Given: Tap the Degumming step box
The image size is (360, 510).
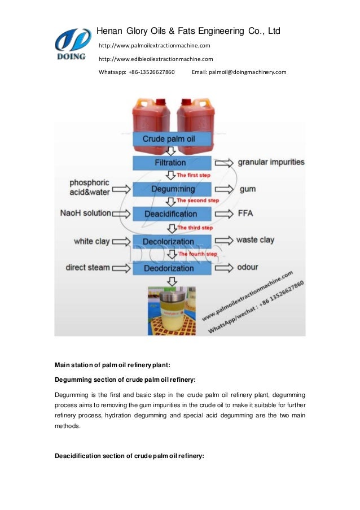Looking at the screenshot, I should (172, 189).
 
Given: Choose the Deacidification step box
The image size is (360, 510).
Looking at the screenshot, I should (172, 214).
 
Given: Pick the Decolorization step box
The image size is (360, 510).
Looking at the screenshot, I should (172, 241).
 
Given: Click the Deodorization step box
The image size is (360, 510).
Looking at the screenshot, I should (172, 268).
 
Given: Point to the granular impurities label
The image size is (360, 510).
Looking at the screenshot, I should (271, 162).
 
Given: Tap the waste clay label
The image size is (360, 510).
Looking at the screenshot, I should (255, 240).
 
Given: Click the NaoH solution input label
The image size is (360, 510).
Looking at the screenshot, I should (85, 213).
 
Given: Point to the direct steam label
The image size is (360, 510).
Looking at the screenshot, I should (87, 267).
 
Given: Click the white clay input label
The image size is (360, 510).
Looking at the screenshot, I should (92, 241).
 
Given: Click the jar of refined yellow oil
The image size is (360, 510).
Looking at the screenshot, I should (173, 308).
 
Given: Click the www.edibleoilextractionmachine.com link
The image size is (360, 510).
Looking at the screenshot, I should (156, 59).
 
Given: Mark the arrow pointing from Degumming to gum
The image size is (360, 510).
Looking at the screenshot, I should (222, 189).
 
